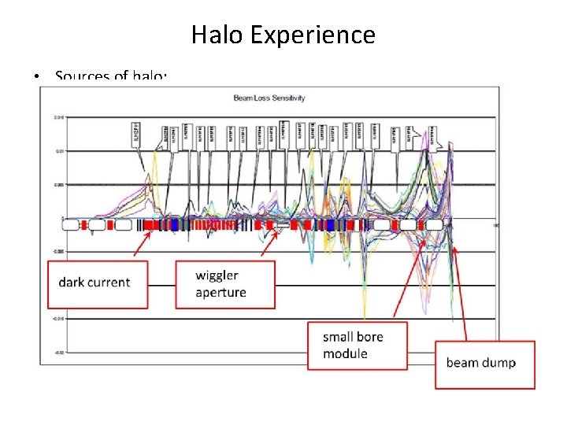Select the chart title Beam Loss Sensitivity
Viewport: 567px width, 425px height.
pyautogui.click(x=269, y=98)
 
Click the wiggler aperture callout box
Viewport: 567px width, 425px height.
pyautogui.click(x=225, y=284)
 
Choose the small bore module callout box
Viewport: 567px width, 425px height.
pyautogui.click(x=357, y=346)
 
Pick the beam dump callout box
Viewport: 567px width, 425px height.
pyautogui.click(x=484, y=364)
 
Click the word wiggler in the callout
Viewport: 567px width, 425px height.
pyautogui.click(x=217, y=275)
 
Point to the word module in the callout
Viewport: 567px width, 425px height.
pyautogui.click(x=345, y=354)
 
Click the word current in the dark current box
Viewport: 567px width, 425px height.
pyautogui.click(x=113, y=283)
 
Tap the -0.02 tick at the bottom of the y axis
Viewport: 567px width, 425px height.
pyautogui.click(x=58, y=353)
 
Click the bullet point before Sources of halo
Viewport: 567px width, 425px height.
pyautogui.click(x=37, y=77)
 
